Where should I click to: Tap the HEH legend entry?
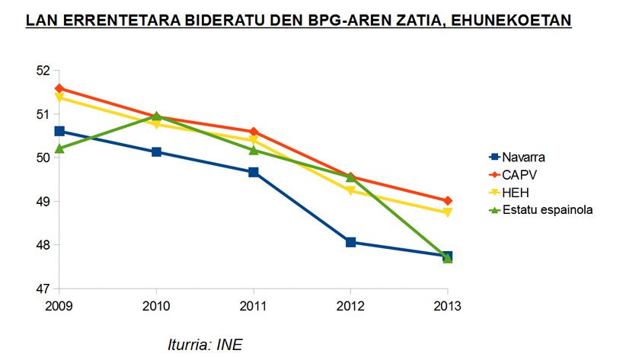click(516, 192)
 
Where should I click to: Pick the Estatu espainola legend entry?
click(546, 209)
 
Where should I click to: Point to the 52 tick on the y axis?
click(42, 71)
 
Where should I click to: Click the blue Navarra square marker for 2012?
click(350, 242)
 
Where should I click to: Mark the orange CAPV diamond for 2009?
click(59, 88)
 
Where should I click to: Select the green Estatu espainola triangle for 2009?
click(59, 148)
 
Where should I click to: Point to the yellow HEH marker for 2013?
click(448, 212)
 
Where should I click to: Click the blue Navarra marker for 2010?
click(156, 151)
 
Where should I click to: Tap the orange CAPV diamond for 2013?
click(448, 201)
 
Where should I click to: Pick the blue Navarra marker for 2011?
click(254, 172)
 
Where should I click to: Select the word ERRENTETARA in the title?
click(116, 21)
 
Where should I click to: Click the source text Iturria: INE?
click(205, 344)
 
